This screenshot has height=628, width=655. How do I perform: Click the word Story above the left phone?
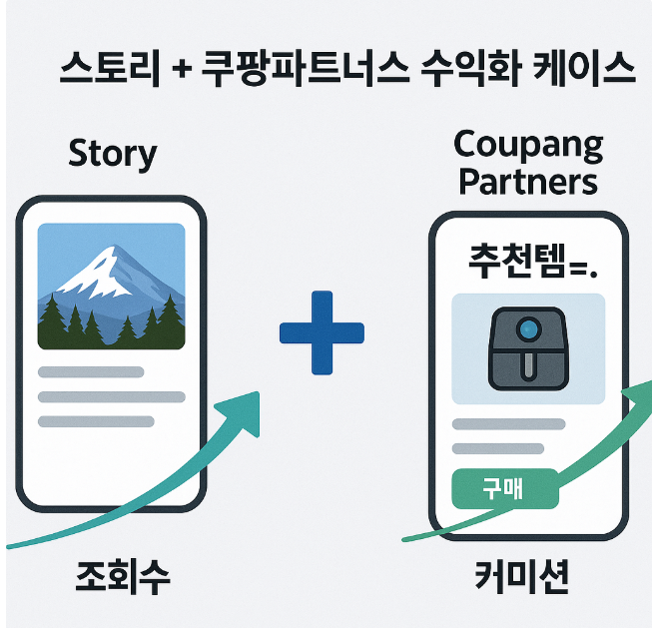point(112,155)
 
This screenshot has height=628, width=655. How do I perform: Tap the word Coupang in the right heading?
point(528,147)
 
